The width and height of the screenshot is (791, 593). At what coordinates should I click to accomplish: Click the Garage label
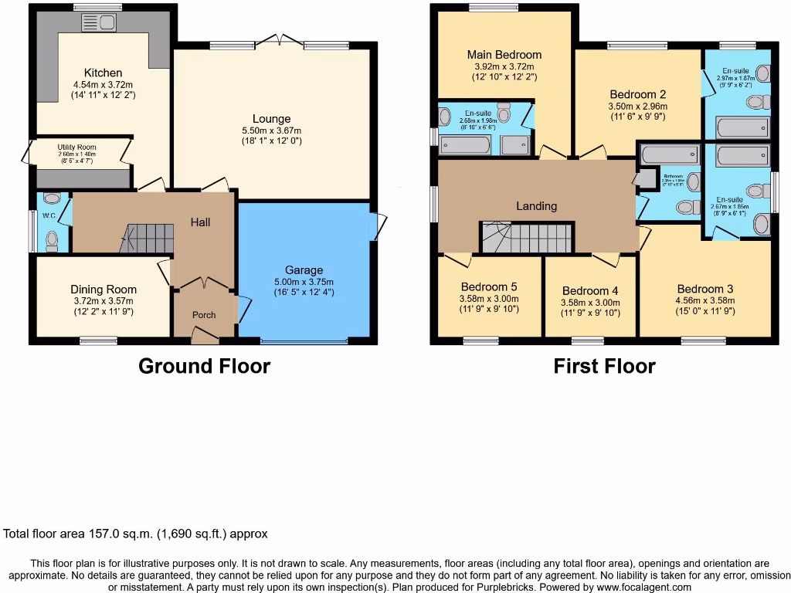304,270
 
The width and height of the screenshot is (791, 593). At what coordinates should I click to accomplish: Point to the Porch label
204,315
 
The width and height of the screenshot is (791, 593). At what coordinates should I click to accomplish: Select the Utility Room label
76,147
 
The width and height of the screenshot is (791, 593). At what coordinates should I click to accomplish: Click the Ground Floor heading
204,366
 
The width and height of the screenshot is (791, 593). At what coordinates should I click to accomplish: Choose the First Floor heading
604,366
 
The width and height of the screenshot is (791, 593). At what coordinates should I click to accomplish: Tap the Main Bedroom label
504,55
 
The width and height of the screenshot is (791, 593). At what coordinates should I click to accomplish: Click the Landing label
536,206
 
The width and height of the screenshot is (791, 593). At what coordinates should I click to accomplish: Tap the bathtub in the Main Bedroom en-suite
464,144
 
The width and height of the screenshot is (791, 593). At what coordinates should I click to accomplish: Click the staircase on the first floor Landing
527,236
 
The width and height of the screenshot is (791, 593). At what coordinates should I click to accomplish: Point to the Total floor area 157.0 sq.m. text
136,534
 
